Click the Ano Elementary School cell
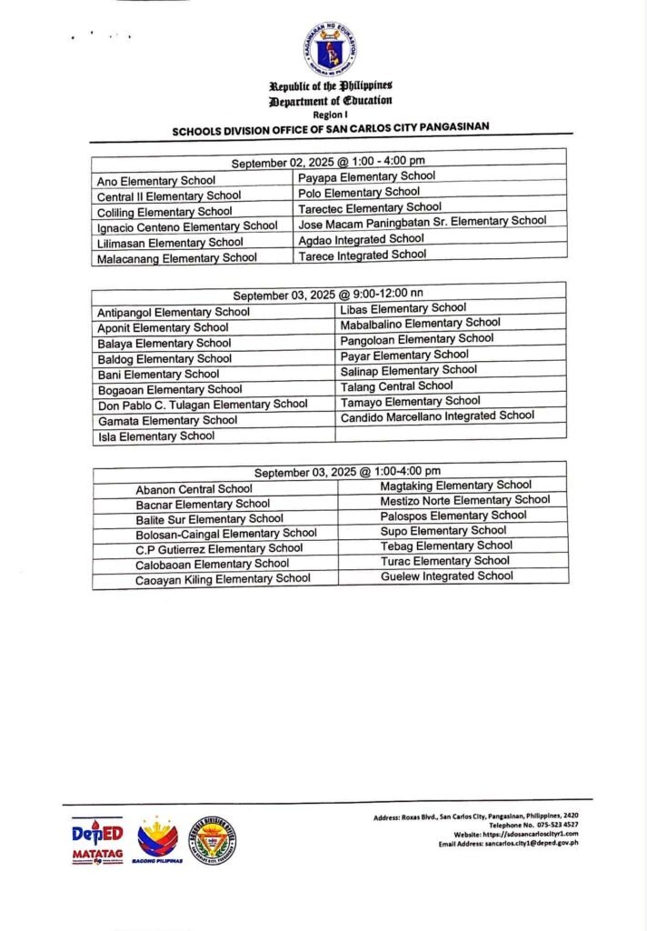click(x=156, y=180)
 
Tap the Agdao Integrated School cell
click(x=361, y=239)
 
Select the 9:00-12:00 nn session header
click(x=328, y=295)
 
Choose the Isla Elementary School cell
click(x=156, y=436)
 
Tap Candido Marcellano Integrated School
click(x=437, y=416)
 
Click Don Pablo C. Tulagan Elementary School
click(x=202, y=405)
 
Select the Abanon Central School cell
click(x=194, y=489)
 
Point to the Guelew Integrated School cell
click(x=446, y=576)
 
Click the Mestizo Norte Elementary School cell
click(x=464, y=500)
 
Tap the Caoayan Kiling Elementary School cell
click(x=223, y=578)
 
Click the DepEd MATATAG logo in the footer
click(x=96, y=841)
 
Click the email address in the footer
click(x=508, y=843)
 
